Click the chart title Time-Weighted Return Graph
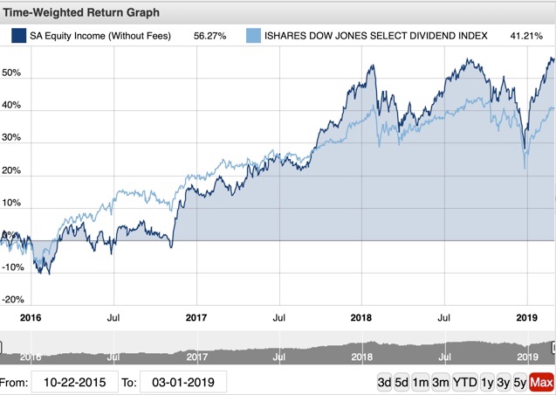click(x=84, y=14)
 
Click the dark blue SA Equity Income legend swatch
click(x=17, y=36)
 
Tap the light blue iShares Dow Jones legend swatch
click(x=253, y=36)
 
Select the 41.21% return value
click(x=532, y=36)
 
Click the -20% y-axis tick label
click(x=12, y=299)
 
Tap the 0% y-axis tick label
click(x=7, y=235)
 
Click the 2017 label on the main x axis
click(x=196, y=318)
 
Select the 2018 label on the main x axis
click(x=360, y=318)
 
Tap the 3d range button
click(x=384, y=383)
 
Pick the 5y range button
click(x=519, y=383)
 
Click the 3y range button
click(x=504, y=383)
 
